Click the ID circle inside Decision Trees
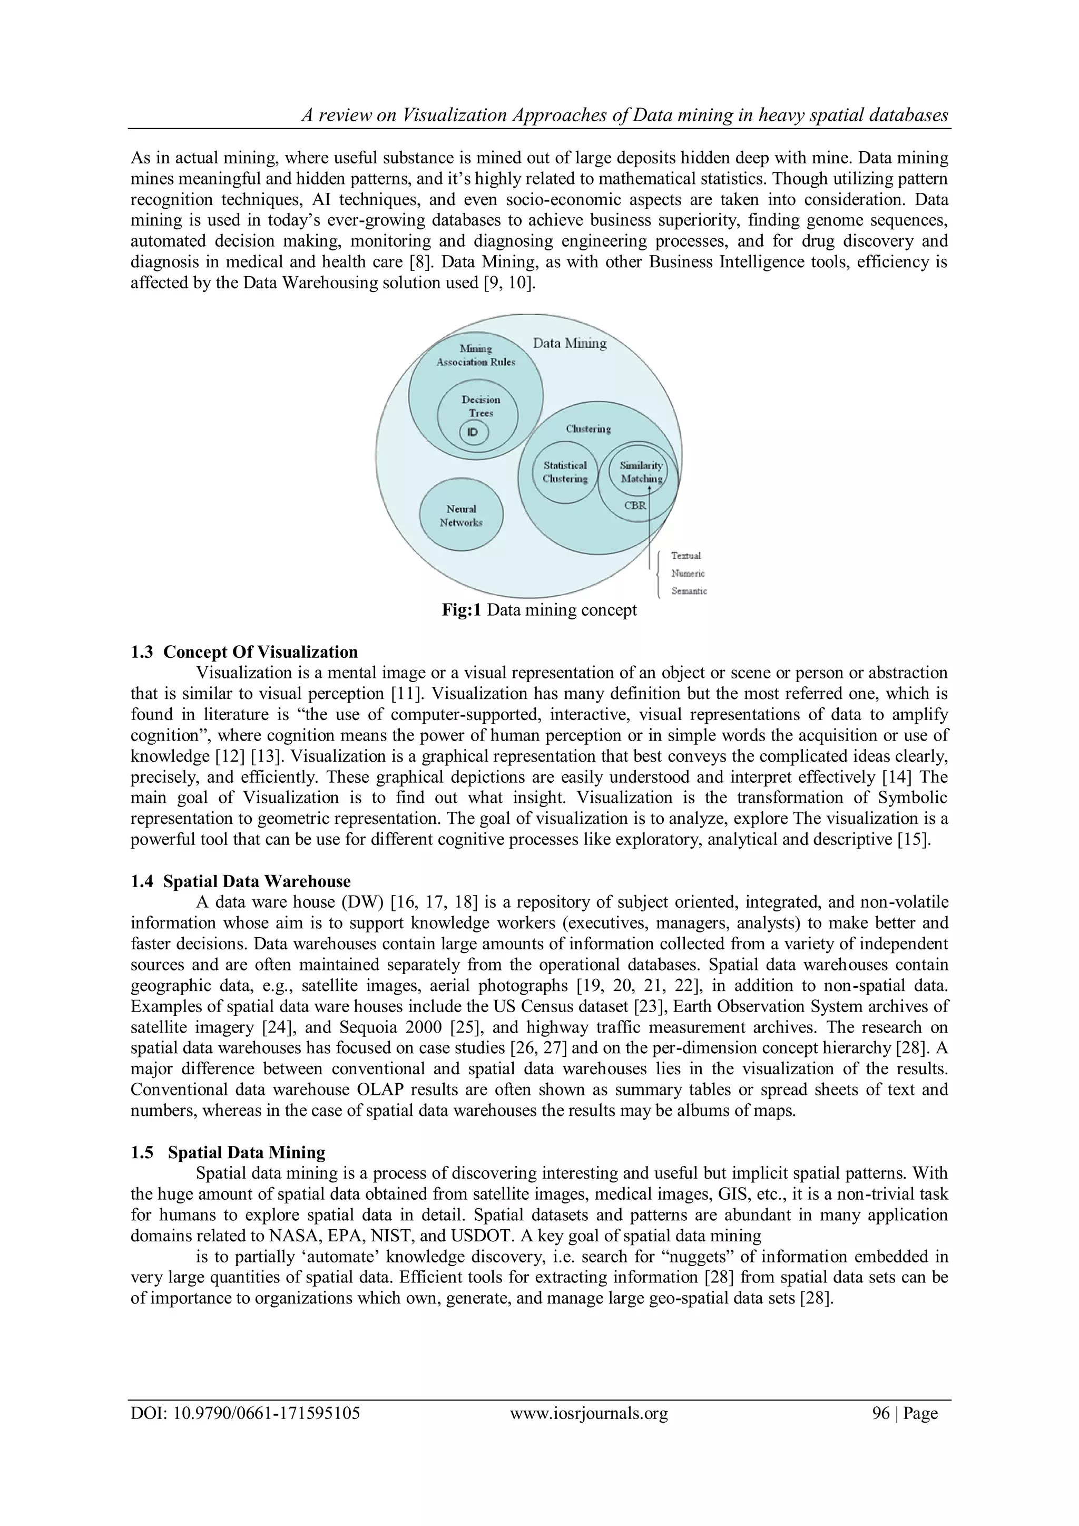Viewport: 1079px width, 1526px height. click(x=473, y=433)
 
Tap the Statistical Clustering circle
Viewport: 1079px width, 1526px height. click(x=565, y=472)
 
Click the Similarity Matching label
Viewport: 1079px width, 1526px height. click(x=641, y=472)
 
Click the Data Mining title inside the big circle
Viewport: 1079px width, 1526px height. click(x=570, y=344)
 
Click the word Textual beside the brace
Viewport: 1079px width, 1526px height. click(x=685, y=556)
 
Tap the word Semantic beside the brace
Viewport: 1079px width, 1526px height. click(x=689, y=591)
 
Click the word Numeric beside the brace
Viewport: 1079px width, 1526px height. click(x=688, y=573)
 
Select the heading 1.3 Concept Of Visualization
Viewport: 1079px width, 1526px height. click(x=244, y=652)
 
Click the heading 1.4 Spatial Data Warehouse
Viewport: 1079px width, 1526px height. click(x=241, y=881)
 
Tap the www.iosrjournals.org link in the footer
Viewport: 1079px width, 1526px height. click(x=588, y=1413)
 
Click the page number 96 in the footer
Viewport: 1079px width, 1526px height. click(x=880, y=1413)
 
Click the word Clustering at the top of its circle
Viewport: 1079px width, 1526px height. click(x=588, y=429)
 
